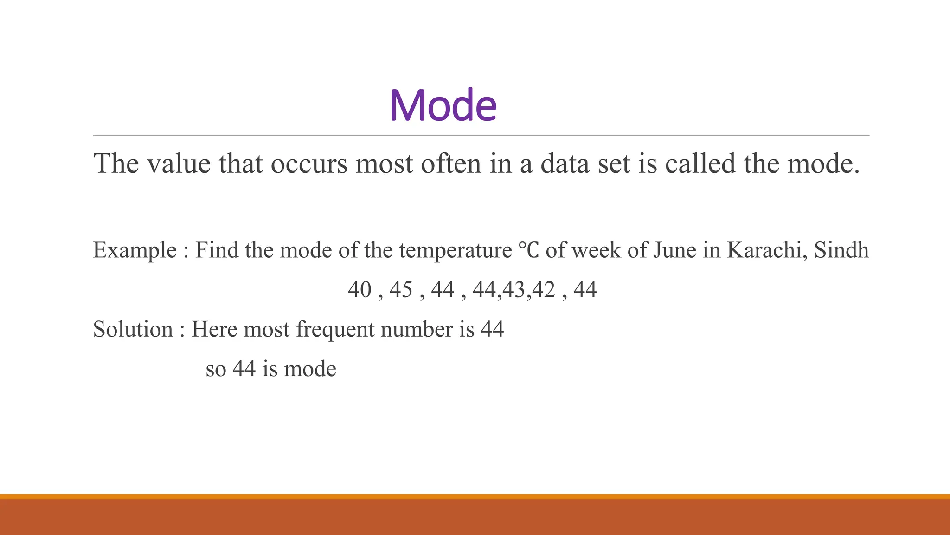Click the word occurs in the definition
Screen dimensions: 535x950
coord(309,164)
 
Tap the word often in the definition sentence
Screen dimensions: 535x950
coord(450,164)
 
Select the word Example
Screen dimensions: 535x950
coord(135,251)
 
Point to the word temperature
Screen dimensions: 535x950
coord(455,251)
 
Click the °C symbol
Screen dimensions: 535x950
coord(528,250)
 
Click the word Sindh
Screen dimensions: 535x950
coord(841,250)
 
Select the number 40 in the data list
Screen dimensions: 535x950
coord(359,290)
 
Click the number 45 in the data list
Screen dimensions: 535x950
coord(401,290)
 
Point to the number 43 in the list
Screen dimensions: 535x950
coord(514,290)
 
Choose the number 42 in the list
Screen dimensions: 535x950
coord(543,290)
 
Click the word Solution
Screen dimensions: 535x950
coord(133,329)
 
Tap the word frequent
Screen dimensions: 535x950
coord(335,329)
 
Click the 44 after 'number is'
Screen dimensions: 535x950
coord(492,329)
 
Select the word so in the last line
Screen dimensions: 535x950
coord(216,370)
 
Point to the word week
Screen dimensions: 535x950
coord(596,250)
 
